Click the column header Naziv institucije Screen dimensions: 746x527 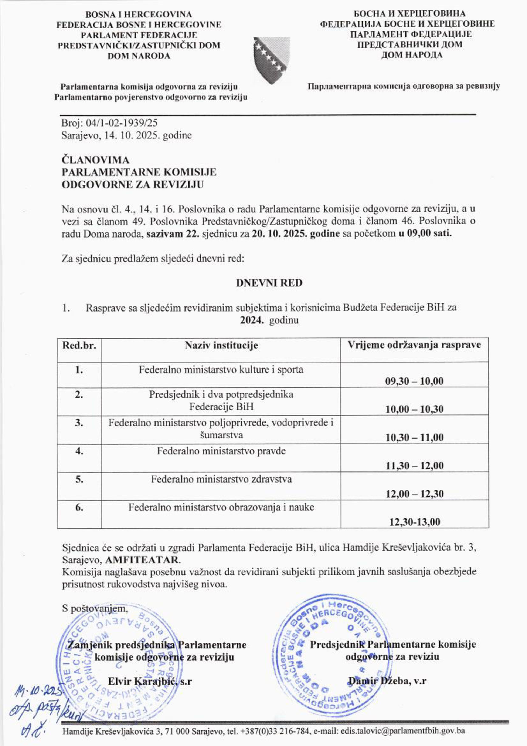[221, 345]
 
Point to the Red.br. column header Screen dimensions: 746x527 [79, 345]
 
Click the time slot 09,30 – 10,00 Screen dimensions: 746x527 [414, 381]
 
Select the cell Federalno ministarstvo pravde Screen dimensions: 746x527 [221, 451]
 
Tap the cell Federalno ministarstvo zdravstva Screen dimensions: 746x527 [221, 479]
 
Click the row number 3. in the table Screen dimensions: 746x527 [79, 423]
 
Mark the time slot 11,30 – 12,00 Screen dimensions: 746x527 [414, 466]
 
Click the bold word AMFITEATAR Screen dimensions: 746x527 [142, 560]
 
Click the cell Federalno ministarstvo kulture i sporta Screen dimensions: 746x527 [221, 370]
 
